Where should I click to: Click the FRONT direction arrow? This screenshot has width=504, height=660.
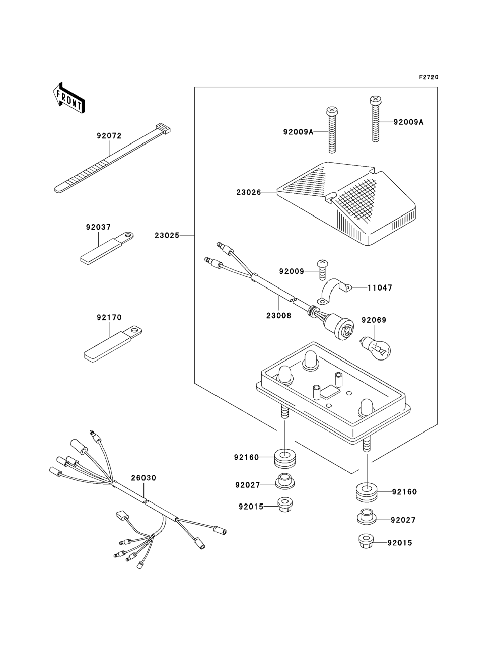click(69, 98)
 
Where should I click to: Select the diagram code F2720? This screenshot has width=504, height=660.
click(429, 77)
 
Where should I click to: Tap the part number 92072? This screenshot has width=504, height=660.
click(109, 136)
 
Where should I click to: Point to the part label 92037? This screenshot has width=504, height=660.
click(98, 227)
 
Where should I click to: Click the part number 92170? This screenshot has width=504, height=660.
click(109, 317)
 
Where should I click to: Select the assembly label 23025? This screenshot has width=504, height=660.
click(167, 236)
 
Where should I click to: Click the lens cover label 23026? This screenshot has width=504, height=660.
click(249, 192)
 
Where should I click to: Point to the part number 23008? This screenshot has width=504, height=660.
click(279, 315)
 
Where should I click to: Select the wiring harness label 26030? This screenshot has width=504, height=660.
click(143, 478)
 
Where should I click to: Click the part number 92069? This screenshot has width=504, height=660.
click(374, 320)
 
